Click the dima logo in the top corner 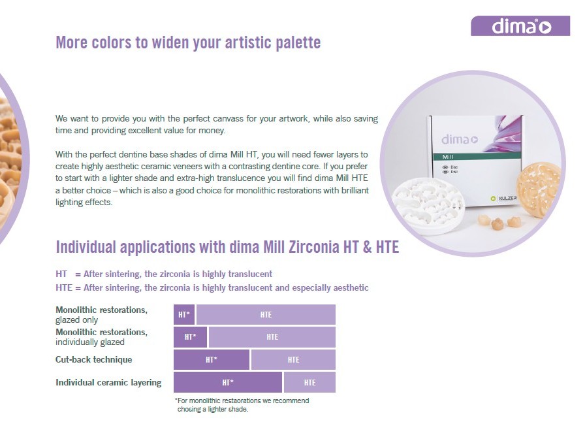[520, 26]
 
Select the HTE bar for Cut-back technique [293, 360]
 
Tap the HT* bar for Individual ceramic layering [228, 382]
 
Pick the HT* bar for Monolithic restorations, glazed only [184, 315]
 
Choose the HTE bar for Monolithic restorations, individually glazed [272, 337]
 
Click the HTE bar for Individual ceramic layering [309, 382]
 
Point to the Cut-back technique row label [93, 359]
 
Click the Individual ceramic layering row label [108, 383]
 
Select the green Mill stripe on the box [477, 156]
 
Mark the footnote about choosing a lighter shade [242, 405]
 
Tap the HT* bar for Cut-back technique [211, 360]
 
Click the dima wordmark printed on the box [460, 140]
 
